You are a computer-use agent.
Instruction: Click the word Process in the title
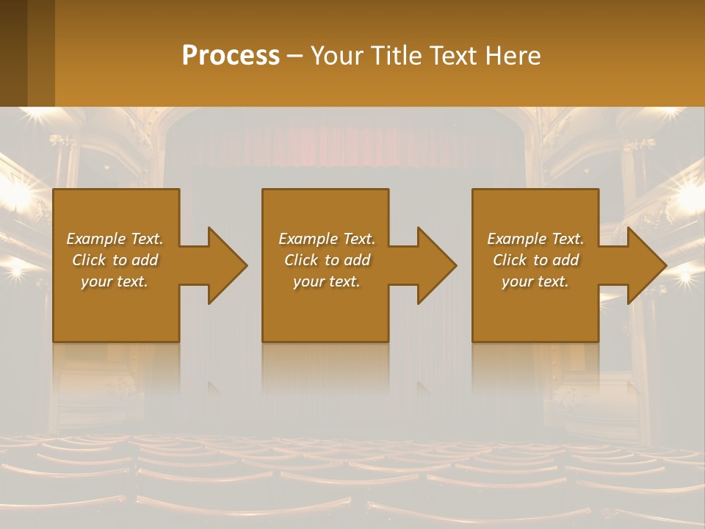click(231, 56)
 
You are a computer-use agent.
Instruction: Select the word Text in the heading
click(455, 56)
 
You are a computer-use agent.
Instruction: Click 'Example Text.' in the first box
click(115, 239)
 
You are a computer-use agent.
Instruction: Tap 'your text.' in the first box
click(115, 281)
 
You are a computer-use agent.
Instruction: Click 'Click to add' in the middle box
click(327, 260)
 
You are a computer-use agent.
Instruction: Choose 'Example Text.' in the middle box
click(327, 239)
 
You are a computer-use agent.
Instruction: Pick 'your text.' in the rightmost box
click(535, 281)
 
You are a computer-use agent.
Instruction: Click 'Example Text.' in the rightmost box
click(535, 239)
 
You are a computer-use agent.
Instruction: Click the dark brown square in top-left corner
click(13, 51)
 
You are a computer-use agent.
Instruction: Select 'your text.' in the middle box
click(327, 281)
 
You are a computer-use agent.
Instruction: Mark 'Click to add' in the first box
click(115, 260)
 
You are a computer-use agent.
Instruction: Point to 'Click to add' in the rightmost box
click(535, 260)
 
